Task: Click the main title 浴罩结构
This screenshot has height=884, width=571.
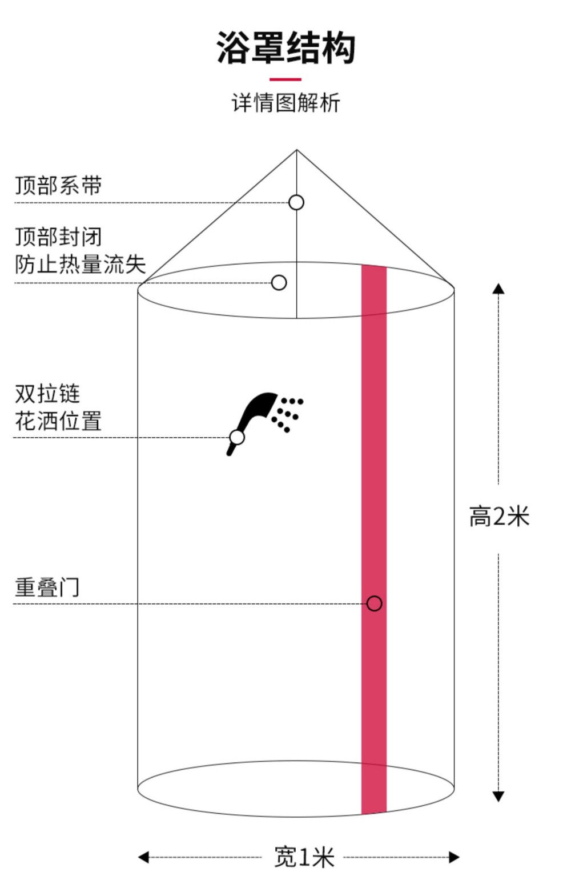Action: tap(286, 48)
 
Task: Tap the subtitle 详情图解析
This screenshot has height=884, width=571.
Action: tap(286, 103)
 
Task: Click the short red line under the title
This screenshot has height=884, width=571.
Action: tap(285, 79)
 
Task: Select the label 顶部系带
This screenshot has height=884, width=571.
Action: tap(58, 186)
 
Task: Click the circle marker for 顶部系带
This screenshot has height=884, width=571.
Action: tap(296, 202)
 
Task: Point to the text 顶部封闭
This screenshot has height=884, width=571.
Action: tap(58, 237)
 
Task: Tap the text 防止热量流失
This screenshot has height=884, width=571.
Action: tap(81, 264)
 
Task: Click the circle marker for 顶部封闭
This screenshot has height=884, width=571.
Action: tap(279, 282)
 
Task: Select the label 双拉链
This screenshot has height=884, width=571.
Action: tap(47, 394)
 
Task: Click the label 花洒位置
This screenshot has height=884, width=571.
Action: tap(58, 421)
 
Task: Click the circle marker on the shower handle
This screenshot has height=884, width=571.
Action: tap(237, 437)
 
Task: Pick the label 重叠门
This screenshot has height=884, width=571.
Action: tap(47, 587)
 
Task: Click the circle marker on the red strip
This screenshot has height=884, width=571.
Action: tap(374, 603)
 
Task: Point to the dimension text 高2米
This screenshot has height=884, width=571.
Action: tap(499, 516)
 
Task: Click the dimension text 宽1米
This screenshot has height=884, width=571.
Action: tap(304, 857)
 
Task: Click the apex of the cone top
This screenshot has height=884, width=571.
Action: tap(296, 150)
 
